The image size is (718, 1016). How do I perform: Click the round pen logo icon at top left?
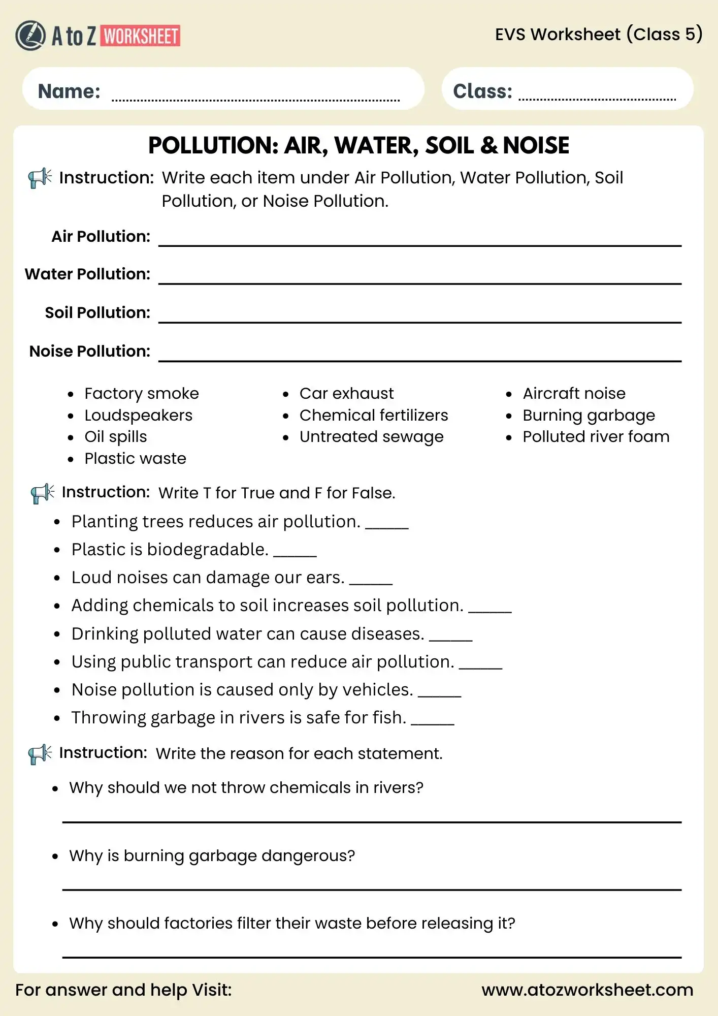[x=30, y=36]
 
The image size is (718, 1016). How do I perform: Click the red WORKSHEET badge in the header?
[x=141, y=36]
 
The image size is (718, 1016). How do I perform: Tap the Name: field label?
[x=69, y=91]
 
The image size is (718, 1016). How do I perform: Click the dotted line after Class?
[x=597, y=98]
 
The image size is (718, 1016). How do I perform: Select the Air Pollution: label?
[x=101, y=237]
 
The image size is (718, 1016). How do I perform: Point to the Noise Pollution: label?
[x=90, y=352]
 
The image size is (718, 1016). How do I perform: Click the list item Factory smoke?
[x=141, y=394]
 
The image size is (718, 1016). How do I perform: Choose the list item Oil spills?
[x=115, y=437]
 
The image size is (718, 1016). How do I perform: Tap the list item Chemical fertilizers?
[x=373, y=416]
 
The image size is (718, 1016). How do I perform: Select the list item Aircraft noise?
[x=574, y=394]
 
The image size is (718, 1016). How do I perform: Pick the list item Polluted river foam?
[x=596, y=437]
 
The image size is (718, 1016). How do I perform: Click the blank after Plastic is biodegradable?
[x=295, y=555]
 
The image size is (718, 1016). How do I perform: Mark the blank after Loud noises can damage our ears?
[x=371, y=583]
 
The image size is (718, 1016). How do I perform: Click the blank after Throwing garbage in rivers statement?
[x=433, y=723]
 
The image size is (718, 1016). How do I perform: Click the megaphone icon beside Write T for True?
[x=42, y=493]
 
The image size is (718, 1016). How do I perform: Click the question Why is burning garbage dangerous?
[x=212, y=856]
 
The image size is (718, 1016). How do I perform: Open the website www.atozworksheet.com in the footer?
[x=587, y=990]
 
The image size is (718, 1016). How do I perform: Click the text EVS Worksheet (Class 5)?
[x=599, y=35]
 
